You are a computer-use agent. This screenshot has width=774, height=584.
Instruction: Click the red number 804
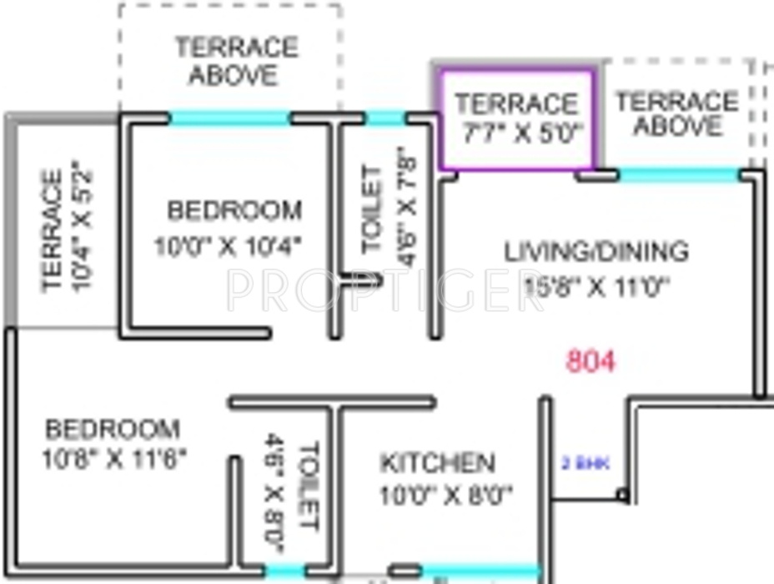pyautogui.click(x=591, y=361)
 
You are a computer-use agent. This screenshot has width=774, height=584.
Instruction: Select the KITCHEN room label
pyautogui.click(x=437, y=462)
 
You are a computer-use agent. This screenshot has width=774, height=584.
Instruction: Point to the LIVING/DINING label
pyautogui.click(x=596, y=250)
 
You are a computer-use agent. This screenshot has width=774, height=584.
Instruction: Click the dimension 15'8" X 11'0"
pyautogui.click(x=597, y=286)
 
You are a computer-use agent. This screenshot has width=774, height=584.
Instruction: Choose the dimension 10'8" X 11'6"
pyautogui.click(x=114, y=458)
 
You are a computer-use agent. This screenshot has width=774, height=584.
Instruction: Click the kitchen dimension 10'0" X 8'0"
pyautogui.click(x=445, y=496)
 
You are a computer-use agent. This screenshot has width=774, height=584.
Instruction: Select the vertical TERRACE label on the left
pyautogui.click(x=52, y=230)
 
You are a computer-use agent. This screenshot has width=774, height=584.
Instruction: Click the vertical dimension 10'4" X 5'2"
pyautogui.click(x=83, y=230)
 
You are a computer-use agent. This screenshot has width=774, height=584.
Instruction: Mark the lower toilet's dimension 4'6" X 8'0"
pyautogui.click(x=275, y=493)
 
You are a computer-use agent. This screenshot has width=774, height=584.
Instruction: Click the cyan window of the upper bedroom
pyautogui.click(x=230, y=118)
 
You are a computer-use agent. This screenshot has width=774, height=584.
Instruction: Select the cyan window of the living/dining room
pyautogui.click(x=679, y=175)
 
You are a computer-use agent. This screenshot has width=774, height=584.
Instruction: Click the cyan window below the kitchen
pyautogui.click(x=479, y=571)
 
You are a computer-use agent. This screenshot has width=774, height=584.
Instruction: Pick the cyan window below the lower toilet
pyautogui.click(x=284, y=571)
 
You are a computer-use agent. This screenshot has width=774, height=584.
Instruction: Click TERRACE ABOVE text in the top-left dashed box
pyautogui.click(x=235, y=60)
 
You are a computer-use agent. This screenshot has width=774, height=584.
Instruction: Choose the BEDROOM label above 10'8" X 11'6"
pyautogui.click(x=113, y=430)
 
